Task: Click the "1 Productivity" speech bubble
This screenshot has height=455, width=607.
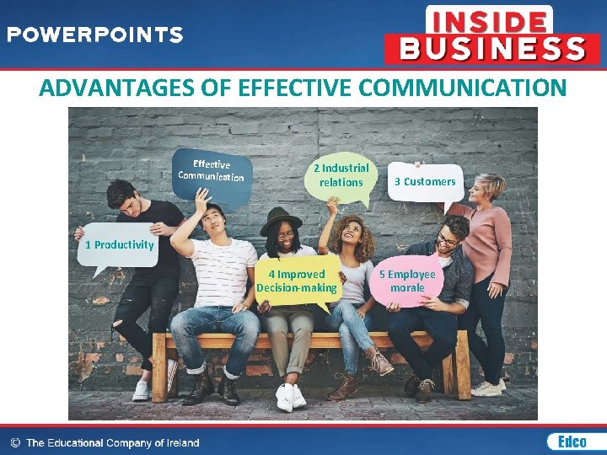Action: pos(119,245)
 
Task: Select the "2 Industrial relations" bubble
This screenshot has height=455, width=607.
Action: pos(341,175)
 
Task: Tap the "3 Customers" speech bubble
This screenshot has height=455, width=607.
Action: pos(429,181)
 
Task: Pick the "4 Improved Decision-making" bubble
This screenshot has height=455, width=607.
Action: pos(297,281)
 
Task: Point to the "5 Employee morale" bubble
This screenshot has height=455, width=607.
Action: pos(407,281)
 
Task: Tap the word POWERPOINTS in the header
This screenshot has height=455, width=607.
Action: pos(95,35)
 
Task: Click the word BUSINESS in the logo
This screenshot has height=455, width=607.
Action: pos(492,48)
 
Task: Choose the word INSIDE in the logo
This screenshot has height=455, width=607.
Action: pos(489,19)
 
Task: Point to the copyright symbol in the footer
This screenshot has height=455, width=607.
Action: pos(15,442)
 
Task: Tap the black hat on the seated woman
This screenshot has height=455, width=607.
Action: pos(281,218)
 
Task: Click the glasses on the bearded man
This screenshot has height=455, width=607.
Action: pos(448,240)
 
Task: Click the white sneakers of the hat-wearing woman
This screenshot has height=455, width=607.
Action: pos(290,396)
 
